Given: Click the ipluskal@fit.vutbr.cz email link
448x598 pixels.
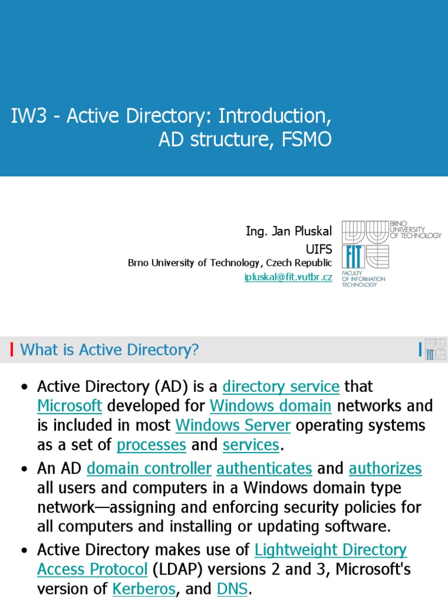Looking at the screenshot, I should click(x=288, y=277).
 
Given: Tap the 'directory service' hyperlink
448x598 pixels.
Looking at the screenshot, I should click(x=281, y=387).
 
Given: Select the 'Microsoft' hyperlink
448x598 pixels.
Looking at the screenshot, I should click(x=69, y=406).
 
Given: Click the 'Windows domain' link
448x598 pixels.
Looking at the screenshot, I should click(x=271, y=406).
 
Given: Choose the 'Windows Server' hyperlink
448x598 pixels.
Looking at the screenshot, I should click(x=233, y=425).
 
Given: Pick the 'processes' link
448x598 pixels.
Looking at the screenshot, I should click(x=151, y=445).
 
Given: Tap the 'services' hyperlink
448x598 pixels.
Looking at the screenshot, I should click(x=251, y=445).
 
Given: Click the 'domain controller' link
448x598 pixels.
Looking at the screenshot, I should click(x=149, y=468).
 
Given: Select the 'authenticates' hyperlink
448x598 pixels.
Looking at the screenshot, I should click(x=264, y=468).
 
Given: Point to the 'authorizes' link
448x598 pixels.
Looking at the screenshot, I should click(x=385, y=468).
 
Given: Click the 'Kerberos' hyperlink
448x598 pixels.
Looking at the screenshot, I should click(x=143, y=589).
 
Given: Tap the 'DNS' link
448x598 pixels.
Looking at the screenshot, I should click(x=232, y=589).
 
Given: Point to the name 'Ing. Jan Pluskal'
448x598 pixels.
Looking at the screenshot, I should click(x=289, y=232).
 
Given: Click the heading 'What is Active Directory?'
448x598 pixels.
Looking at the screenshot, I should click(x=110, y=350).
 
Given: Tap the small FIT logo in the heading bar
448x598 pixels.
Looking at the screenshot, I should click(x=435, y=349).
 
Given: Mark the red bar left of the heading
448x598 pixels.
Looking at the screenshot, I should click(x=12, y=350).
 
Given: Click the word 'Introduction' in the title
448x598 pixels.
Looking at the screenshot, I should click(x=272, y=116).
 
